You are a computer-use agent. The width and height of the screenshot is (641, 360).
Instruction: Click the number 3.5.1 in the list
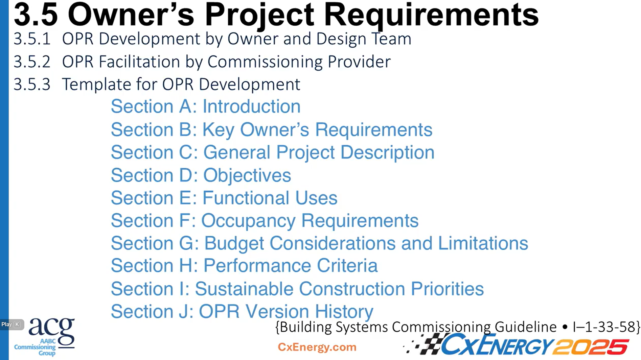click(32, 39)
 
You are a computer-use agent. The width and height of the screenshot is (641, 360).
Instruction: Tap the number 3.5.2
click(32, 62)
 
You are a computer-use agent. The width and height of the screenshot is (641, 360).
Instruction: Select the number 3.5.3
click(32, 85)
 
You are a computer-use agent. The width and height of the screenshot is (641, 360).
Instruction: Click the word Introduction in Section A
click(251, 106)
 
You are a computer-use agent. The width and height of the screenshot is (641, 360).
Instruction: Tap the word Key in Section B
click(218, 130)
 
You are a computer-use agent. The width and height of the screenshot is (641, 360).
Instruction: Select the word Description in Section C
click(387, 152)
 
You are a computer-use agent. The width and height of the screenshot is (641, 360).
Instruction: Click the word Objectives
click(247, 175)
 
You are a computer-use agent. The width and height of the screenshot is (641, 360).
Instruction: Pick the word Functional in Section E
click(246, 198)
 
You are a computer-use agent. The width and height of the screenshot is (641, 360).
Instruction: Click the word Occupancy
click(248, 221)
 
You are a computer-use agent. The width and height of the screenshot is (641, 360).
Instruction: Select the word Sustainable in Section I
click(244, 289)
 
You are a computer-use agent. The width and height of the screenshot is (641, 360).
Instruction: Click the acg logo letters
click(51, 330)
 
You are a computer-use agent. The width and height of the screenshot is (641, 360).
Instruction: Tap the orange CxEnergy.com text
click(317, 347)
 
